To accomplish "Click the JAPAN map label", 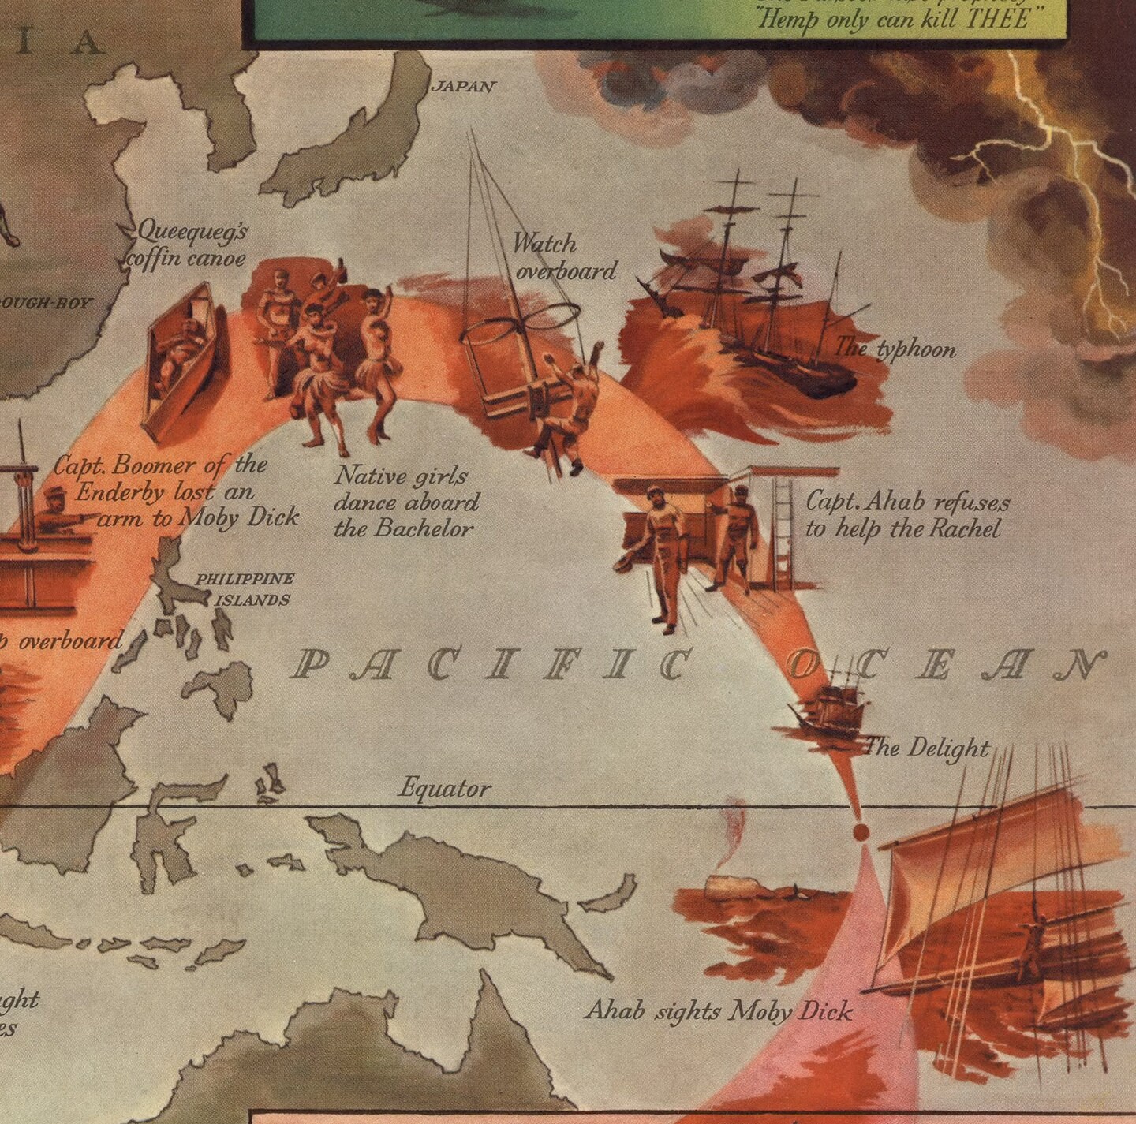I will pyautogui.click(x=463, y=86).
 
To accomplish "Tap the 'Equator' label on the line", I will pyautogui.click(x=444, y=788).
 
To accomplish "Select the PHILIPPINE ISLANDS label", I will pyautogui.click(x=245, y=589).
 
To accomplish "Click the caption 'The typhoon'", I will pyautogui.click(x=895, y=348).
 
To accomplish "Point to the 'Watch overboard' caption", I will pyautogui.click(x=564, y=257).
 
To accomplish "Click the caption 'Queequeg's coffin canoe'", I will pyautogui.click(x=190, y=245).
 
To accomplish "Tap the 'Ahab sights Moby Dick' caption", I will pyautogui.click(x=718, y=1010).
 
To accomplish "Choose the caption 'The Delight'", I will pyautogui.click(x=927, y=747).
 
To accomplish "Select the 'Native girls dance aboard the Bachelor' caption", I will pyautogui.click(x=405, y=502).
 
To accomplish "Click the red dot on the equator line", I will pyautogui.click(x=860, y=832).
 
